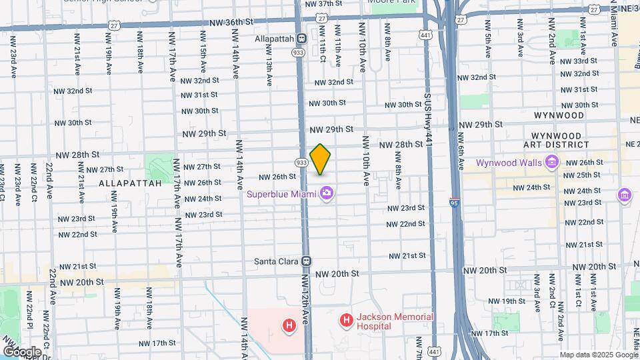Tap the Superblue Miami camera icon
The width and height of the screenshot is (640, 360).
327,194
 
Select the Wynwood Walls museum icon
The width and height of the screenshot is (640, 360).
551,162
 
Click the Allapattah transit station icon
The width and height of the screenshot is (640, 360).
302,39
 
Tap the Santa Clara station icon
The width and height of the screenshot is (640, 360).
307,261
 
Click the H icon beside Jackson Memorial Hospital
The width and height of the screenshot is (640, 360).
346,321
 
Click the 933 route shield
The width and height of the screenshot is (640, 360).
301,163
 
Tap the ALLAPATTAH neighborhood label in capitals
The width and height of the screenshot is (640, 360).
130,182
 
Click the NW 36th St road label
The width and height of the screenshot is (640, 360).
231,22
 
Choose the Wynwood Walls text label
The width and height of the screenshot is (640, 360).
508,163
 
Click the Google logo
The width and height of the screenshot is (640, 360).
22,351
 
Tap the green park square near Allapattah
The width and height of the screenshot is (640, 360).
159,166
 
